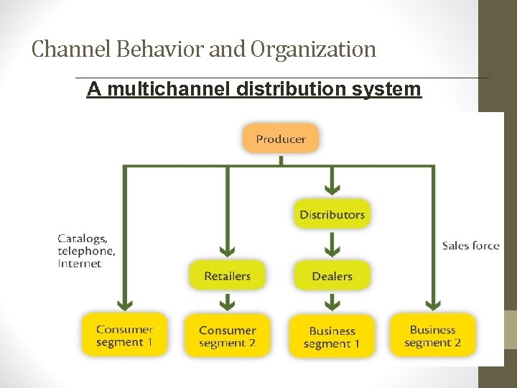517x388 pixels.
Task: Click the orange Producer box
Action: click(x=280, y=139)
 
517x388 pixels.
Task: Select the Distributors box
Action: click(x=332, y=214)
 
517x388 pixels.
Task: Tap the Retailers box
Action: click(x=228, y=276)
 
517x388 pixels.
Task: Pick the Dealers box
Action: click(x=332, y=276)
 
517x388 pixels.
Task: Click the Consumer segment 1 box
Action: click(x=124, y=336)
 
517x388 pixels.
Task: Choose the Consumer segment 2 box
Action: click(x=228, y=336)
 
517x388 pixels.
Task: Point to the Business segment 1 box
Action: click(x=332, y=337)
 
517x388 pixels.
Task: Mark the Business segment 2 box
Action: click(x=432, y=336)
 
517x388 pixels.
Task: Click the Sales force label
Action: click(x=470, y=246)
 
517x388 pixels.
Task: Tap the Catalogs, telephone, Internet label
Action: click(x=86, y=251)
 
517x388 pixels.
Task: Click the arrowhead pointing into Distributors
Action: click(x=332, y=190)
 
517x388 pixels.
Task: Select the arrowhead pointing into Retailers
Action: click(x=228, y=252)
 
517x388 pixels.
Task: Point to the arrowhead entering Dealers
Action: click(x=332, y=251)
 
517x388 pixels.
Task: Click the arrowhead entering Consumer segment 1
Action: click(x=124, y=303)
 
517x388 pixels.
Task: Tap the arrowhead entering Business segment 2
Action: click(x=432, y=303)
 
